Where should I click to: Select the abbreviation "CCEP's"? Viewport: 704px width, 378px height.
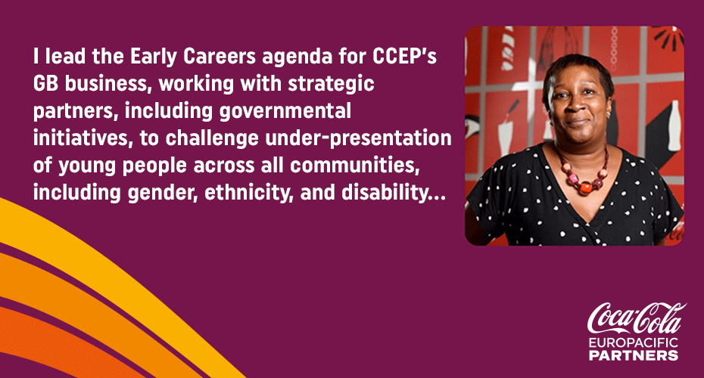tap(404, 57)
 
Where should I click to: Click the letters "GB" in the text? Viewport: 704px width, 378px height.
tap(45, 84)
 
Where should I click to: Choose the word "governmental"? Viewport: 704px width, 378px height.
tap(285, 112)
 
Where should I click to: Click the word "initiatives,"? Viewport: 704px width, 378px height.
tap(83, 138)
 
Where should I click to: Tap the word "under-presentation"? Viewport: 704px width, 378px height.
tap(358, 139)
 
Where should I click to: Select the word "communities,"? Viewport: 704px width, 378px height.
tap(355, 166)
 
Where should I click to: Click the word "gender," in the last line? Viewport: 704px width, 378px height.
tap(163, 194)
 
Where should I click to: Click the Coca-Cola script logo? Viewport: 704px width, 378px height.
tap(636, 318)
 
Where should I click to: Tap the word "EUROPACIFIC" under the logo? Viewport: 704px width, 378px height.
tap(633, 343)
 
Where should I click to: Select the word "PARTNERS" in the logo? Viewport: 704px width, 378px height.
tap(633, 355)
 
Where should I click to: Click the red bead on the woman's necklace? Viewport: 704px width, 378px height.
tap(585, 187)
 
